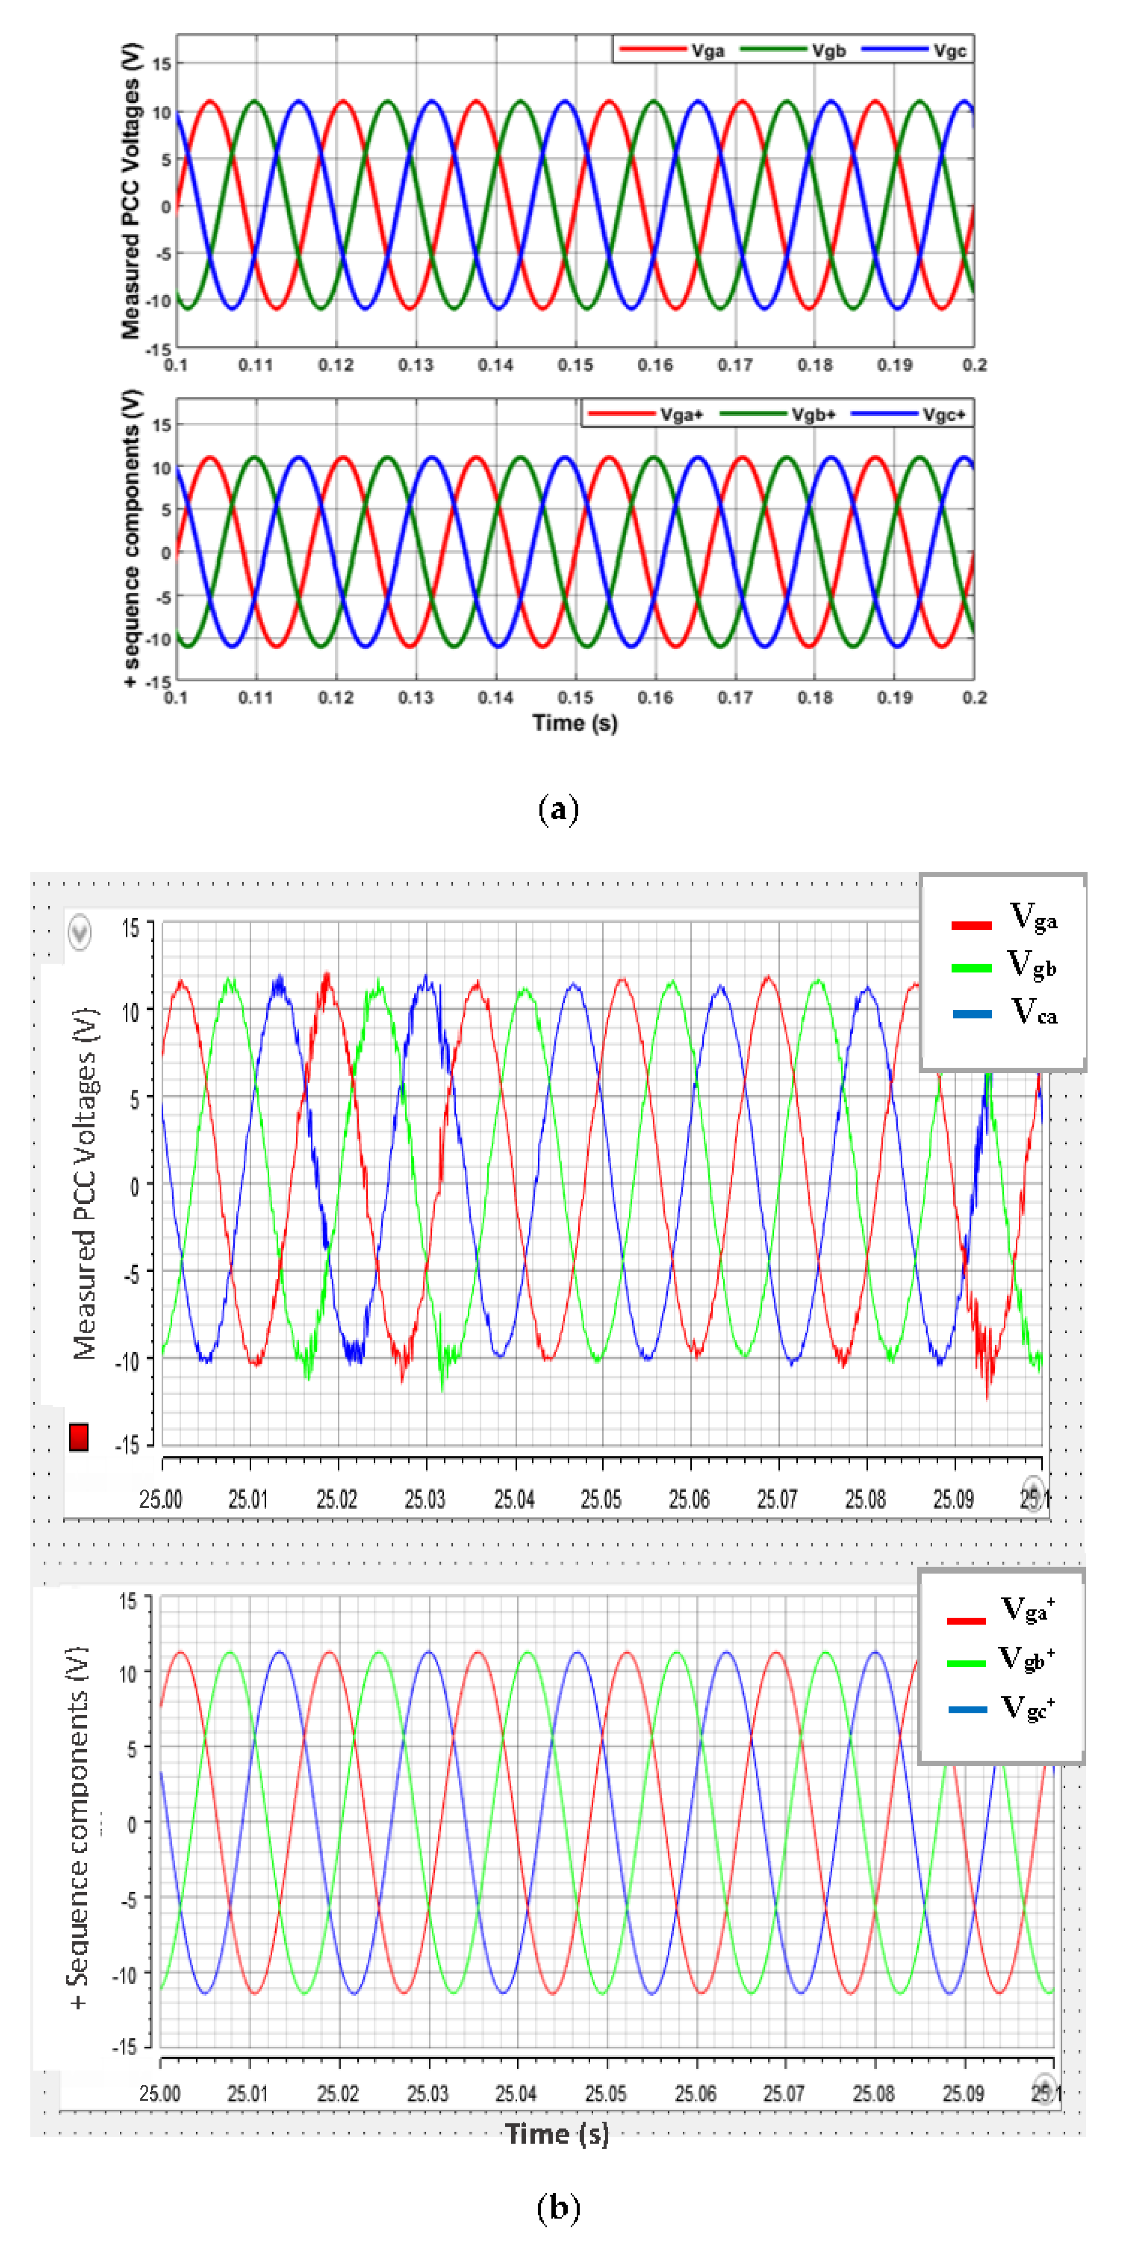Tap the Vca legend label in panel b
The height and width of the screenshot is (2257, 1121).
pyautogui.click(x=1033, y=1013)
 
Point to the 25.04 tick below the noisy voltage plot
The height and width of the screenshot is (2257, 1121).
pyautogui.click(x=514, y=1499)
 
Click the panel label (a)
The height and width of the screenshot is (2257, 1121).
pyautogui.click(x=558, y=808)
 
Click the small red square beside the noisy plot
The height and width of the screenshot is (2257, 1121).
pyautogui.click(x=79, y=1438)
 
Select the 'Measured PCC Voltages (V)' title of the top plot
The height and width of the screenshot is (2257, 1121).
pyautogui.click(x=131, y=190)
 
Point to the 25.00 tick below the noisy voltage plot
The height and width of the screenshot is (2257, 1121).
pyautogui.click(x=161, y=1499)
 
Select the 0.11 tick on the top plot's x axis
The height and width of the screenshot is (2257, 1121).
pyautogui.click(x=256, y=364)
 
